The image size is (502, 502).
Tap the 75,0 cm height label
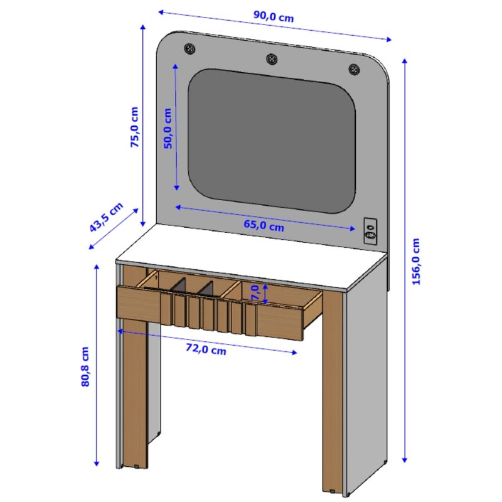(134, 127)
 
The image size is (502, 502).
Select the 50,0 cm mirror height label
(168, 129)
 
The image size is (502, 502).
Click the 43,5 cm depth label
(105, 218)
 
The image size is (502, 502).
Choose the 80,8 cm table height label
(86, 366)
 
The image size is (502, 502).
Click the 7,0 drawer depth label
(255, 292)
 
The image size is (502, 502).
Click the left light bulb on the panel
(189, 48)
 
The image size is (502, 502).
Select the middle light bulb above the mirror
(271, 58)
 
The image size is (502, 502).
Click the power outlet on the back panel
(370, 230)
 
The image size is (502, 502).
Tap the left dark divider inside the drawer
(179, 286)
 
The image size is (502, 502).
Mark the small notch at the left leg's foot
(137, 466)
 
